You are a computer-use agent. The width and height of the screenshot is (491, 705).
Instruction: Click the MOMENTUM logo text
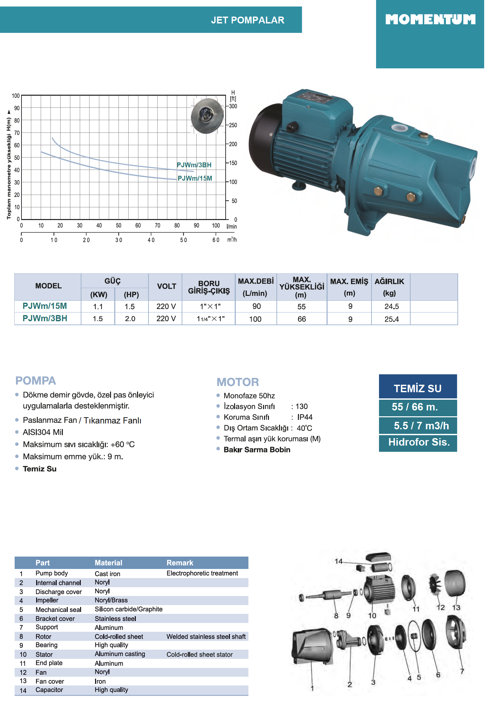click(x=430, y=20)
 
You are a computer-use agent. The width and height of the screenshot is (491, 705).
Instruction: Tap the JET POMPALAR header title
click(x=247, y=20)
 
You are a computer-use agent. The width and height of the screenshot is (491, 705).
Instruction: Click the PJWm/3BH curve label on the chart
click(x=194, y=165)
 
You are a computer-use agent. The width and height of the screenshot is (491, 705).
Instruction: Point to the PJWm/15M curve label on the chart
click(x=195, y=178)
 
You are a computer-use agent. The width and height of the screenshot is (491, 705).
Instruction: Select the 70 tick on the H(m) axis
click(x=17, y=133)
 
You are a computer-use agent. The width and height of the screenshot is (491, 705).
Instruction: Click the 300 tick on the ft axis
click(x=233, y=106)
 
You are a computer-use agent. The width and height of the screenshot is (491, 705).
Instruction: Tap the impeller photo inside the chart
click(x=207, y=116)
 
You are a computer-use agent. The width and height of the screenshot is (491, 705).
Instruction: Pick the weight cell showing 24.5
click(x=391, y=307)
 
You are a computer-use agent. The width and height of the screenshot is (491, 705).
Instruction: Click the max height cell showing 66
click(x=302, y=319)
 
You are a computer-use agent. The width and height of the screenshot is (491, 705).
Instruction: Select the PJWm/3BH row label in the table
click(x=45, y=318)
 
